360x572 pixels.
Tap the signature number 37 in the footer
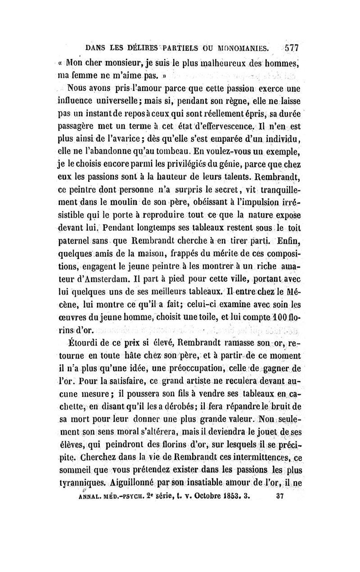tap(279, 486)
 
